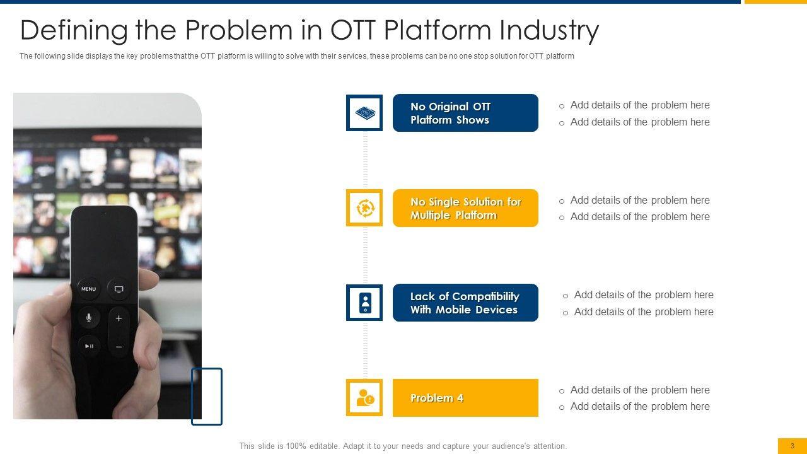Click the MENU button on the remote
(88, 289)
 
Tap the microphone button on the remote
(88, 317)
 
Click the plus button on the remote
(119, 318)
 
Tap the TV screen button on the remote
(119, 289)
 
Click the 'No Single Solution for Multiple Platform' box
(465, 208)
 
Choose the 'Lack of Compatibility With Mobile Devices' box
(465, 303)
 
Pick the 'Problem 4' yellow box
(465, 398)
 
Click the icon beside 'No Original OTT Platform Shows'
(364, 113)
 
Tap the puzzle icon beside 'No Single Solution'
(364, 208)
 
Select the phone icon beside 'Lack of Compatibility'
(364, 303)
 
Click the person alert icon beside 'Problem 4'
(364, 398)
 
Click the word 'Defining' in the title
(74, 31)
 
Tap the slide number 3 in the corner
(792, 446)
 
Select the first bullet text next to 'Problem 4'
(640, 390)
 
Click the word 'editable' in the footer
(324, 446)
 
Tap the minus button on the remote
(119, 347)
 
